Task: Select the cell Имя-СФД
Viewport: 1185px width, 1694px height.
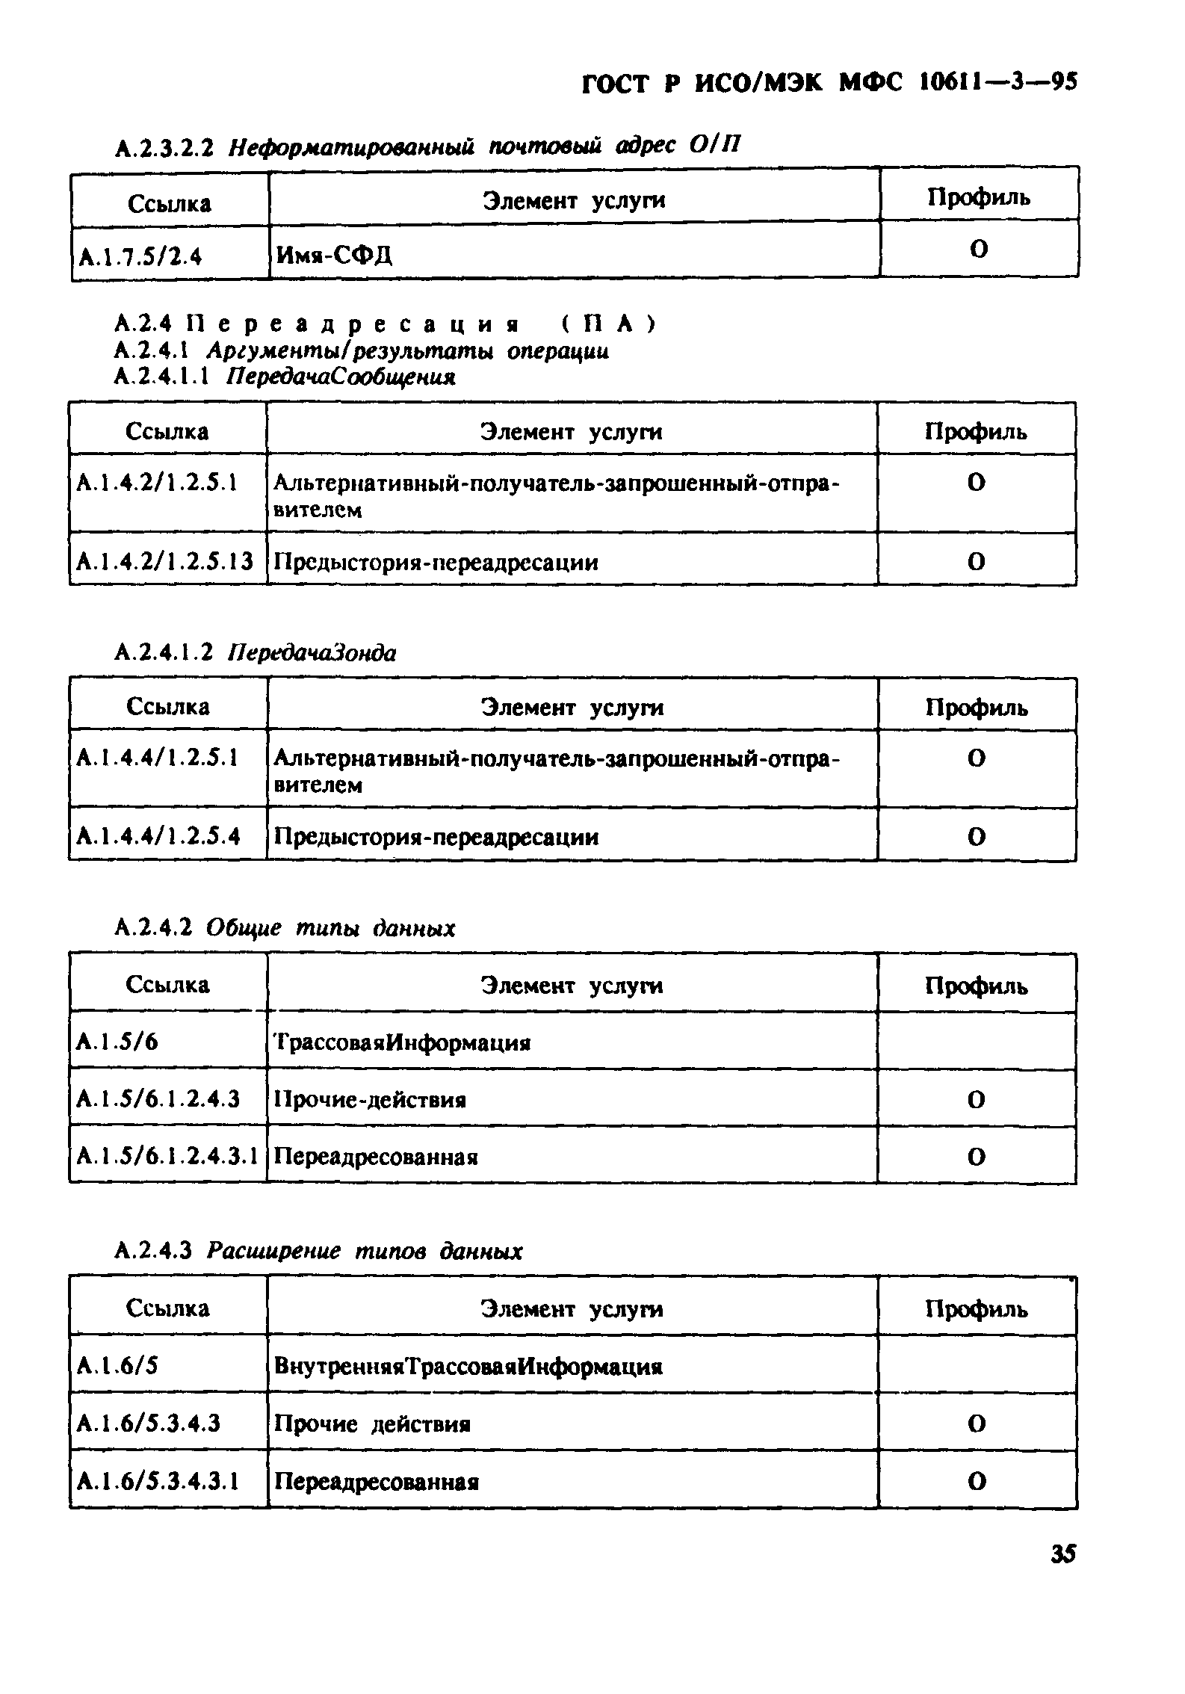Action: (334, 256)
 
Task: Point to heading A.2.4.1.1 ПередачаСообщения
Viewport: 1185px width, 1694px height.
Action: (285, 377)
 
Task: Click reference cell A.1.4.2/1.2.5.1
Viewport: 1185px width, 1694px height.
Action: (157, 483)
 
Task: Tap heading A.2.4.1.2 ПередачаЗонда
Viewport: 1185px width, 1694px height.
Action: (255, 653)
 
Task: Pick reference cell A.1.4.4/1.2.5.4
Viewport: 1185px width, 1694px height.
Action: (158, 836)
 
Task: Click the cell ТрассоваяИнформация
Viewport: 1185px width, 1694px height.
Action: (402, 1042)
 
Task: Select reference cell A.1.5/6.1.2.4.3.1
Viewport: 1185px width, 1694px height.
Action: (167, 1157)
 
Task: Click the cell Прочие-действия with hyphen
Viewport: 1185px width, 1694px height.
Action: (370, 1099)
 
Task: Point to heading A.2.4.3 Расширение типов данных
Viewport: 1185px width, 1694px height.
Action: (318, 1251)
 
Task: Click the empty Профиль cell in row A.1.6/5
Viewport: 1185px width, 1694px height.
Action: (977, 1365)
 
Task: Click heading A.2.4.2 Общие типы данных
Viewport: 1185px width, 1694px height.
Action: (285, 929)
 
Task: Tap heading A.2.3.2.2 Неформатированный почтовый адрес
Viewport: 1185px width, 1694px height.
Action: (427, 146)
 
